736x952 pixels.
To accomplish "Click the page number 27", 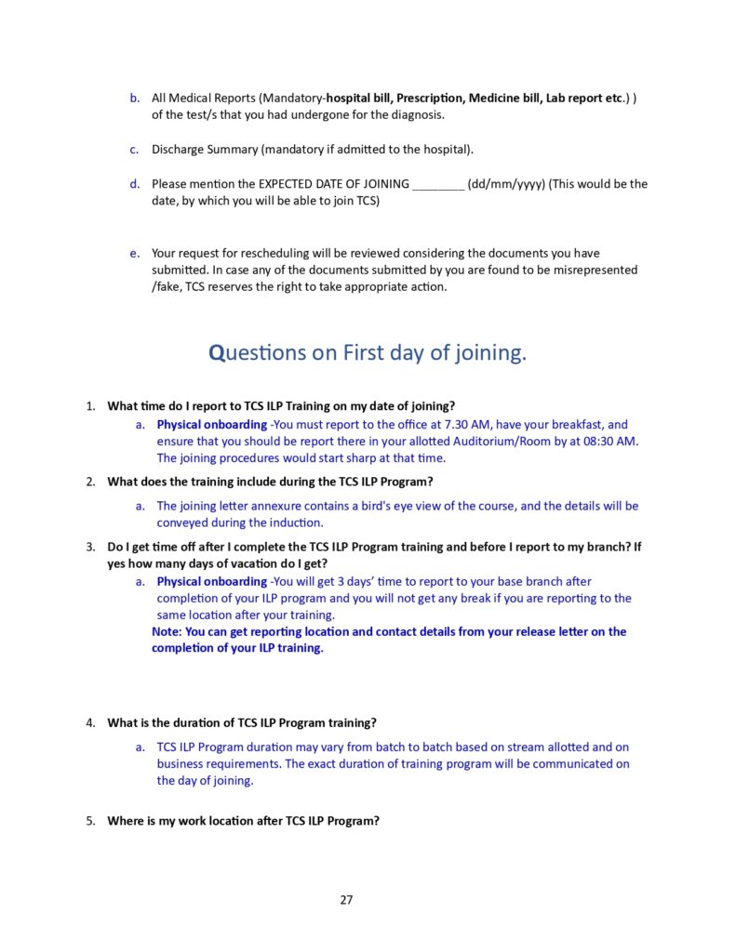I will (x=346, y=899).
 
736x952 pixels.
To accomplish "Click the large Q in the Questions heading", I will (x=217, y=353).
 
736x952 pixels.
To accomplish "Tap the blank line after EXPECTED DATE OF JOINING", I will (x=436, y=184).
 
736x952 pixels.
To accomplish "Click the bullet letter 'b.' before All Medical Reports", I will (x=134, y=99).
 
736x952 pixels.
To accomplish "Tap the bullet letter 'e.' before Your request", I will (x=134, y=253).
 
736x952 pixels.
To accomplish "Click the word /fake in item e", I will (x=167, y=286).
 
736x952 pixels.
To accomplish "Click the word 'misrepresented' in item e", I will (x=593, y=270).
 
